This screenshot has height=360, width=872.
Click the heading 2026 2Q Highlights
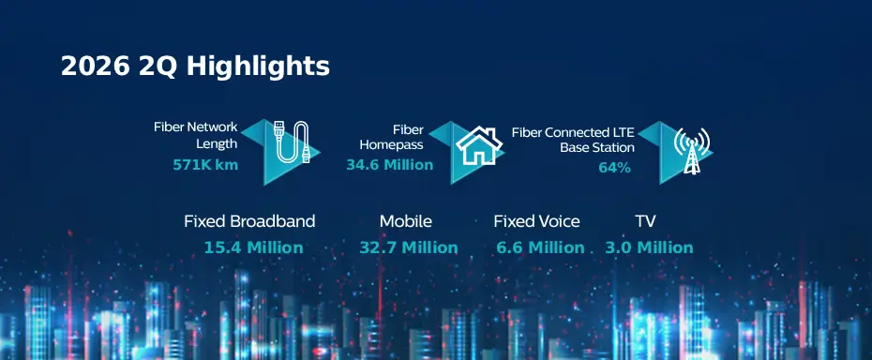click(195, 67)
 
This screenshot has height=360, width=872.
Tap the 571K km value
click(205, 165)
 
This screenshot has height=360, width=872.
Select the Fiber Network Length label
click(196, 135)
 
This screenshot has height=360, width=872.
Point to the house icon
click(479, 145)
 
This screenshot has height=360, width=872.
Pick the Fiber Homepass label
click(392, 138)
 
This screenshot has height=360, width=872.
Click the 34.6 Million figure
click(389, 165)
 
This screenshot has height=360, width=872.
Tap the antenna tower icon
click(691, 150)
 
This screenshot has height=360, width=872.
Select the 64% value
click(614, 168)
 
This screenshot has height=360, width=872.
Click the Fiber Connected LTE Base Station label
click(573, 141)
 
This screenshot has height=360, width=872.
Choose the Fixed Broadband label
click(249, 221)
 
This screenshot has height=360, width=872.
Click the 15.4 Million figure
click(253, 247)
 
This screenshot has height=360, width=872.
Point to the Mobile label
click(406, 221)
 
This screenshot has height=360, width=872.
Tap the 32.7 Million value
click(409, 247)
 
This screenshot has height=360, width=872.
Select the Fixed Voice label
click(536, 221)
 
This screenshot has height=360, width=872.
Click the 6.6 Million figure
click(541, 247)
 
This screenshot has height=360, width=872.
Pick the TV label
click(646, 221)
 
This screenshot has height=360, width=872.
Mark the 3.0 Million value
click(649, 247)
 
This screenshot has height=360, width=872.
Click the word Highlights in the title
click(258, 67)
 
